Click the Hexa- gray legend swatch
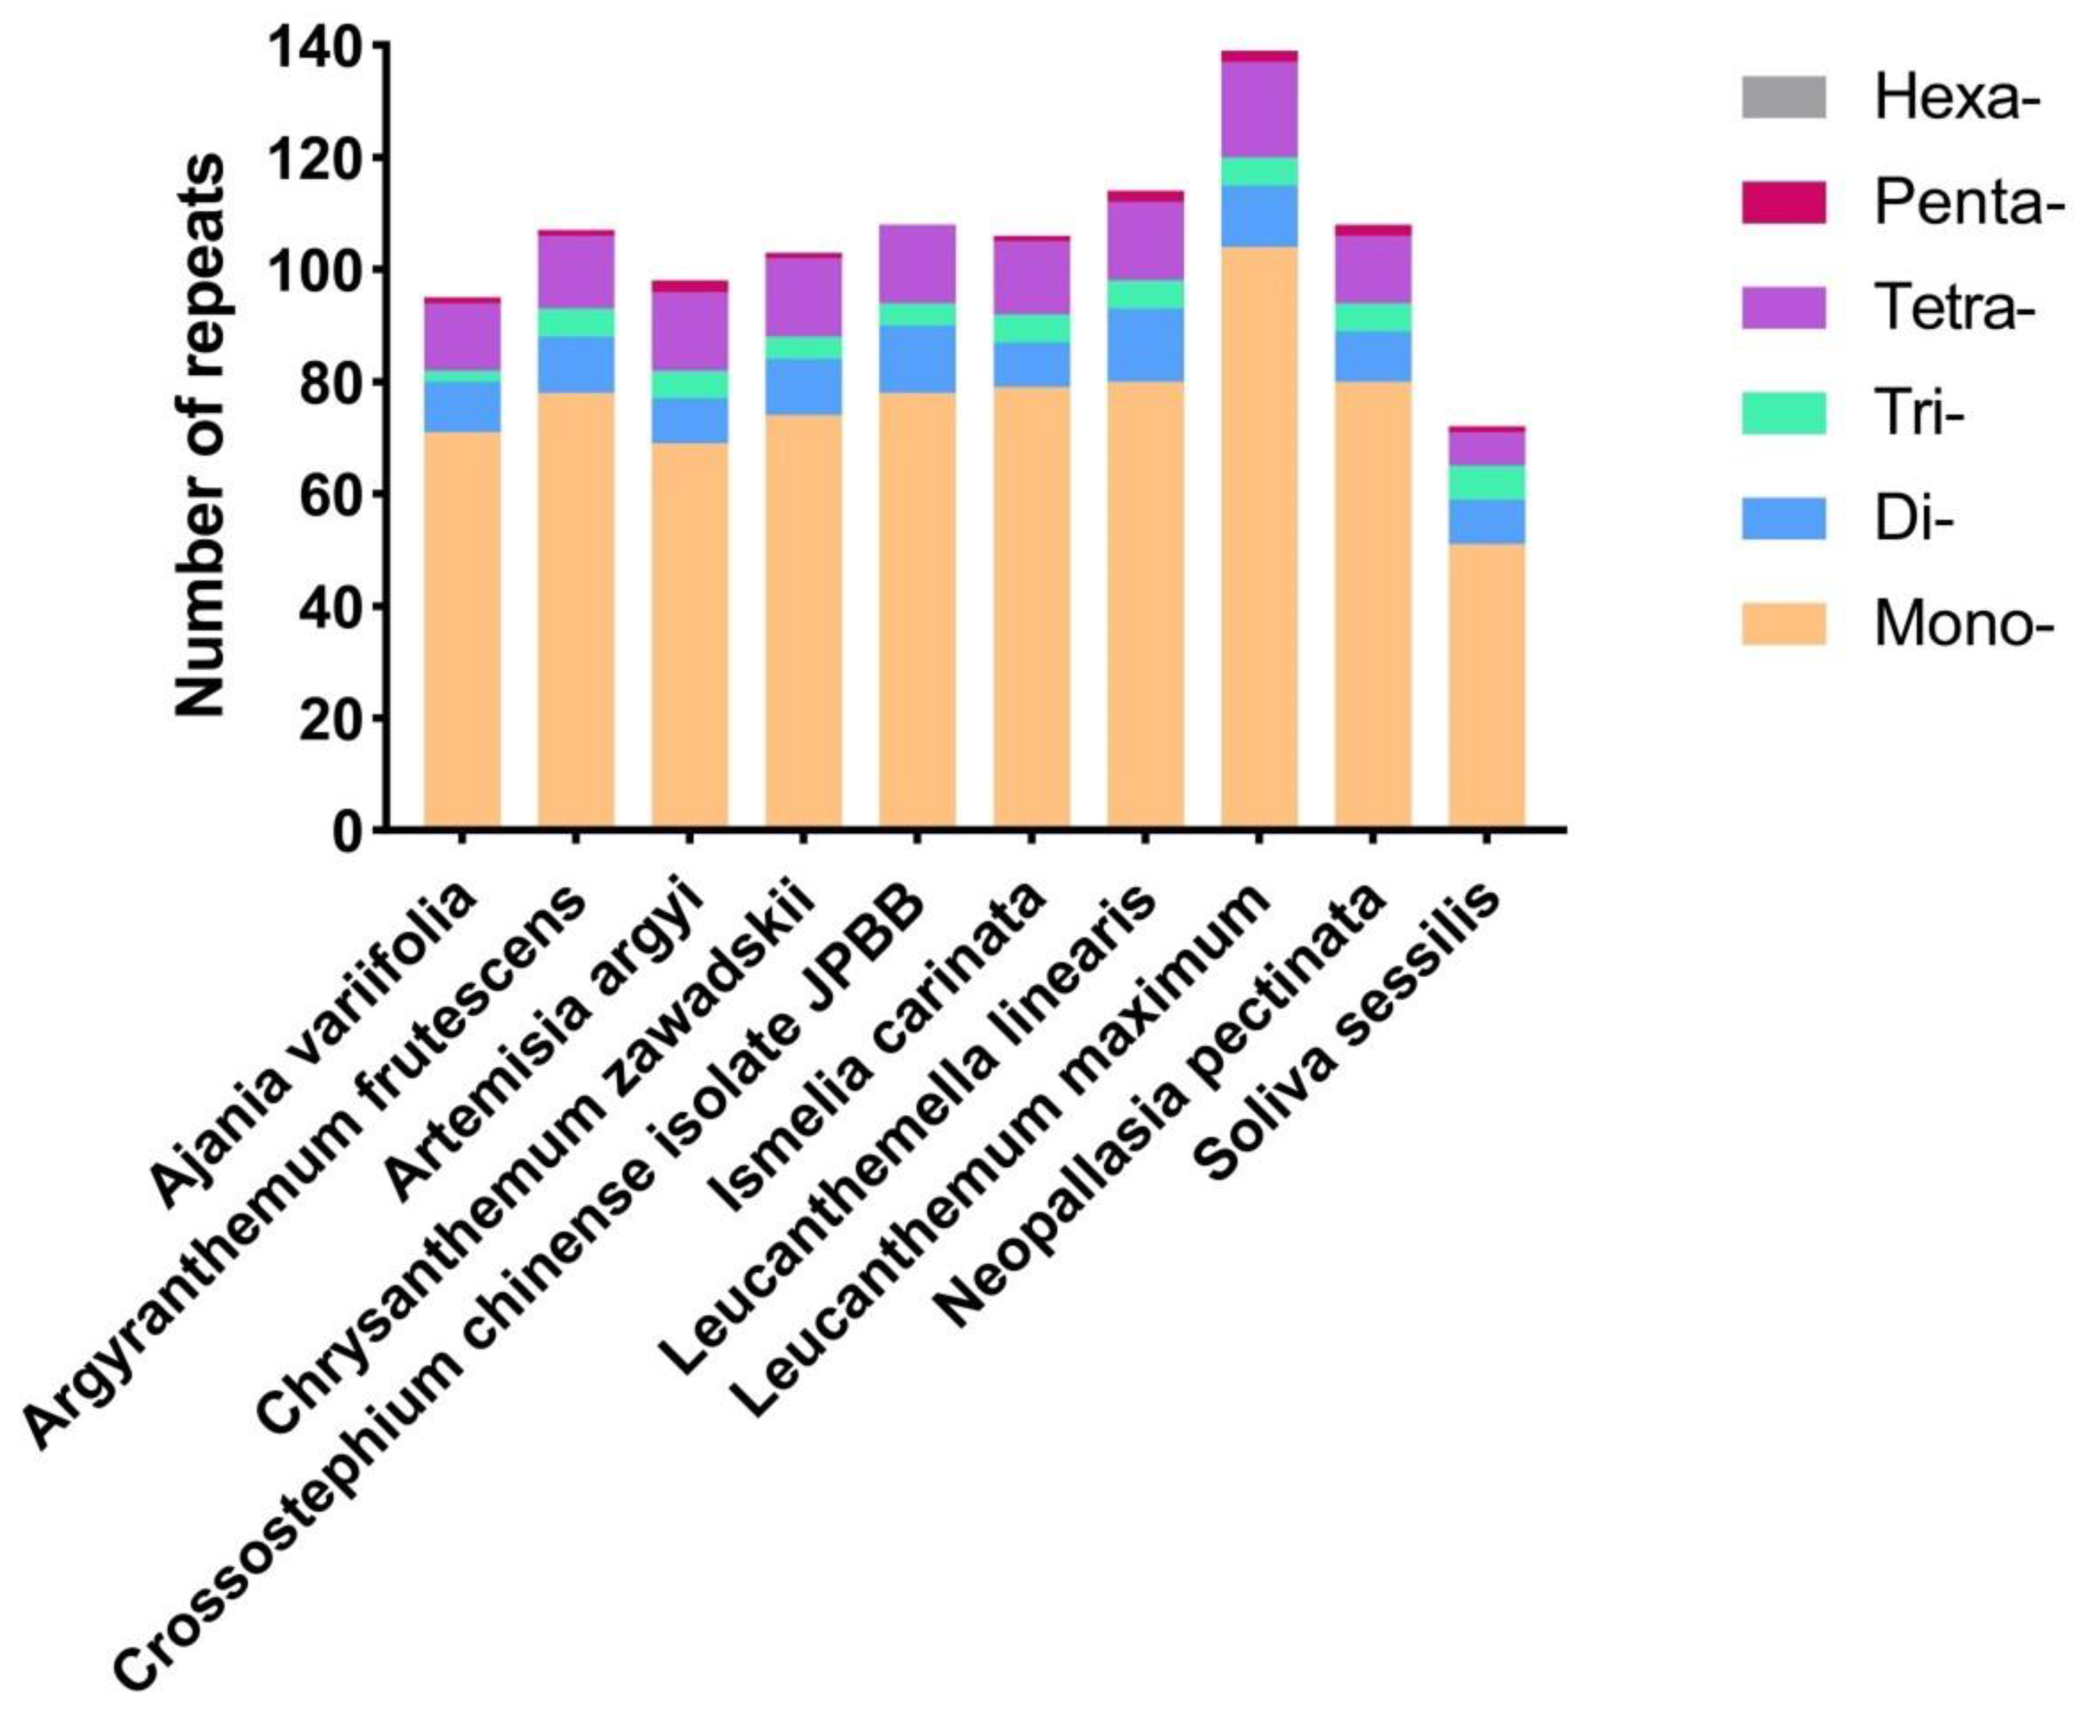pos(1782,97)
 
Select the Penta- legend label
pos(1967,204)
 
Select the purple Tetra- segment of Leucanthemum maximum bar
pos(1259,109)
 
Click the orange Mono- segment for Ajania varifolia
pos(462,631)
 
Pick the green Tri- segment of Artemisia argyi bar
pos(690,385)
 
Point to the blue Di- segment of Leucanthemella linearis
pos(1145,345)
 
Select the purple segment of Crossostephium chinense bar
pos(917,264)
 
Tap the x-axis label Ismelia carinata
pos(879,1046)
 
